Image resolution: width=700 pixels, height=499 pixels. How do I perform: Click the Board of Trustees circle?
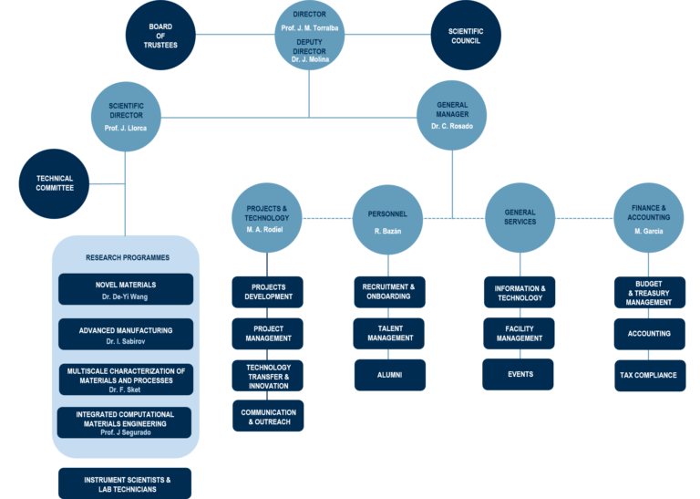pos(160,36)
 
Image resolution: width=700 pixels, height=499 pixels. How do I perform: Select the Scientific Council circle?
pos(466,36)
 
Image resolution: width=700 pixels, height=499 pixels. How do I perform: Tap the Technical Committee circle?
pos(55,183)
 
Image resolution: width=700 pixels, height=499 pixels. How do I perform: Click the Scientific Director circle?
pos(127,117)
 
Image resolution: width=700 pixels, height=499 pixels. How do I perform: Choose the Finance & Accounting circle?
pos(648,218)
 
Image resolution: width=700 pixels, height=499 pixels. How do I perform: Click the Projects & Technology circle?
pos(266,219)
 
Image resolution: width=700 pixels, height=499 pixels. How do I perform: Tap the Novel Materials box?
pos(126,290)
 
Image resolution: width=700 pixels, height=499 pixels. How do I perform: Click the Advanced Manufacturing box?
pos(126,335)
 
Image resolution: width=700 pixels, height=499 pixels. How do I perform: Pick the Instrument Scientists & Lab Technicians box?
pos(126,483)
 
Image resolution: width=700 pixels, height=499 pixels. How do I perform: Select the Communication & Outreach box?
pos(267,417)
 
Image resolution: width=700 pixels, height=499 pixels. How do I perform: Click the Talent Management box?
pos(389,334)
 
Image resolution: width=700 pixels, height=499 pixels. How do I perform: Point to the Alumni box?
pos(389,375)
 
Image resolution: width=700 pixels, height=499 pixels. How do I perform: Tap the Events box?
pos(520,375)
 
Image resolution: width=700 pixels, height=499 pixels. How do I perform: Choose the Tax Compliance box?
pos(649,375)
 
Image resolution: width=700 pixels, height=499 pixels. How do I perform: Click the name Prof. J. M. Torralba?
pos(309,29)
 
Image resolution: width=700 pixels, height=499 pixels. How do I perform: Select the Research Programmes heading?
pos(126,257)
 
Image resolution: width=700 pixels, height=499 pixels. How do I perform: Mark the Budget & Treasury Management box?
pos(649,293)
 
